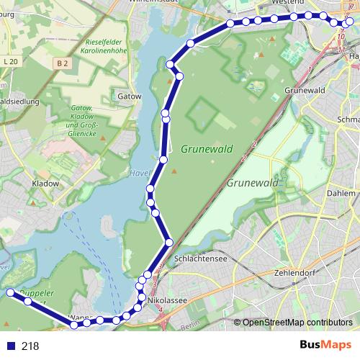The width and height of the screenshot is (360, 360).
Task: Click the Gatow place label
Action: [x=126, y=94]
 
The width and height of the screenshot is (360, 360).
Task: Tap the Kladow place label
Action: [x=45, y=184]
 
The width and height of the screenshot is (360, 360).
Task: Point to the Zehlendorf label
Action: [x=275, y=273]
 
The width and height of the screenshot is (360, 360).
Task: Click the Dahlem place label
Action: [x=341, y=194]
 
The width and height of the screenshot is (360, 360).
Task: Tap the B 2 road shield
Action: [x=63, y=63]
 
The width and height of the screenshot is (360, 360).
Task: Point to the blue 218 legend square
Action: [x=9, y=346]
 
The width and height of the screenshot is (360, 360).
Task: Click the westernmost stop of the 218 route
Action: [x=10, y=292]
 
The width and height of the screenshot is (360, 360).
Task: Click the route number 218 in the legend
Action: [x=30, y=346]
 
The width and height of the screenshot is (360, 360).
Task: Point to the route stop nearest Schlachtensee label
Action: [x=169, y=243]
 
